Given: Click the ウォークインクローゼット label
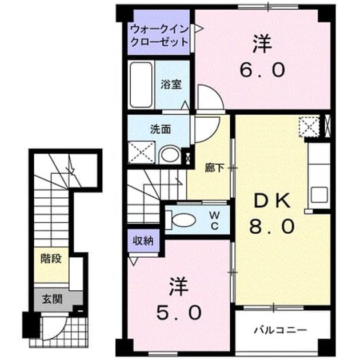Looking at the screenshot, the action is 159,35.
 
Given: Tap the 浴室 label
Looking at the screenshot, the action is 171,85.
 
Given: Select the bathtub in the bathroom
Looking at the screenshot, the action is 141,85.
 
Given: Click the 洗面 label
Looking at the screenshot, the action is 161,130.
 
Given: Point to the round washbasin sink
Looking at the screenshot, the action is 170,155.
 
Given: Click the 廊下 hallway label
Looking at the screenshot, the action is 214,169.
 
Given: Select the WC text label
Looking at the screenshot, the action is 215,221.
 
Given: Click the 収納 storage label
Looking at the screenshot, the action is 143,241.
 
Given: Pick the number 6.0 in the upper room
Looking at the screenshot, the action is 262,70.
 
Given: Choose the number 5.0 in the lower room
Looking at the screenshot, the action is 179,312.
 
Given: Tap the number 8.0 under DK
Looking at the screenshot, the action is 272,226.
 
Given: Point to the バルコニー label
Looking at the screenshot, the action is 281,330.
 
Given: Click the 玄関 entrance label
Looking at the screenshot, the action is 52,299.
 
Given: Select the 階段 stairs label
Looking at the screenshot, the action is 51,258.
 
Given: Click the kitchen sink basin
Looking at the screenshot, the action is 319,195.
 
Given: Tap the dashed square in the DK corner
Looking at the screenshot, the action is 309,127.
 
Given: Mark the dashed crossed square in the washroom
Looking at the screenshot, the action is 142,153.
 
